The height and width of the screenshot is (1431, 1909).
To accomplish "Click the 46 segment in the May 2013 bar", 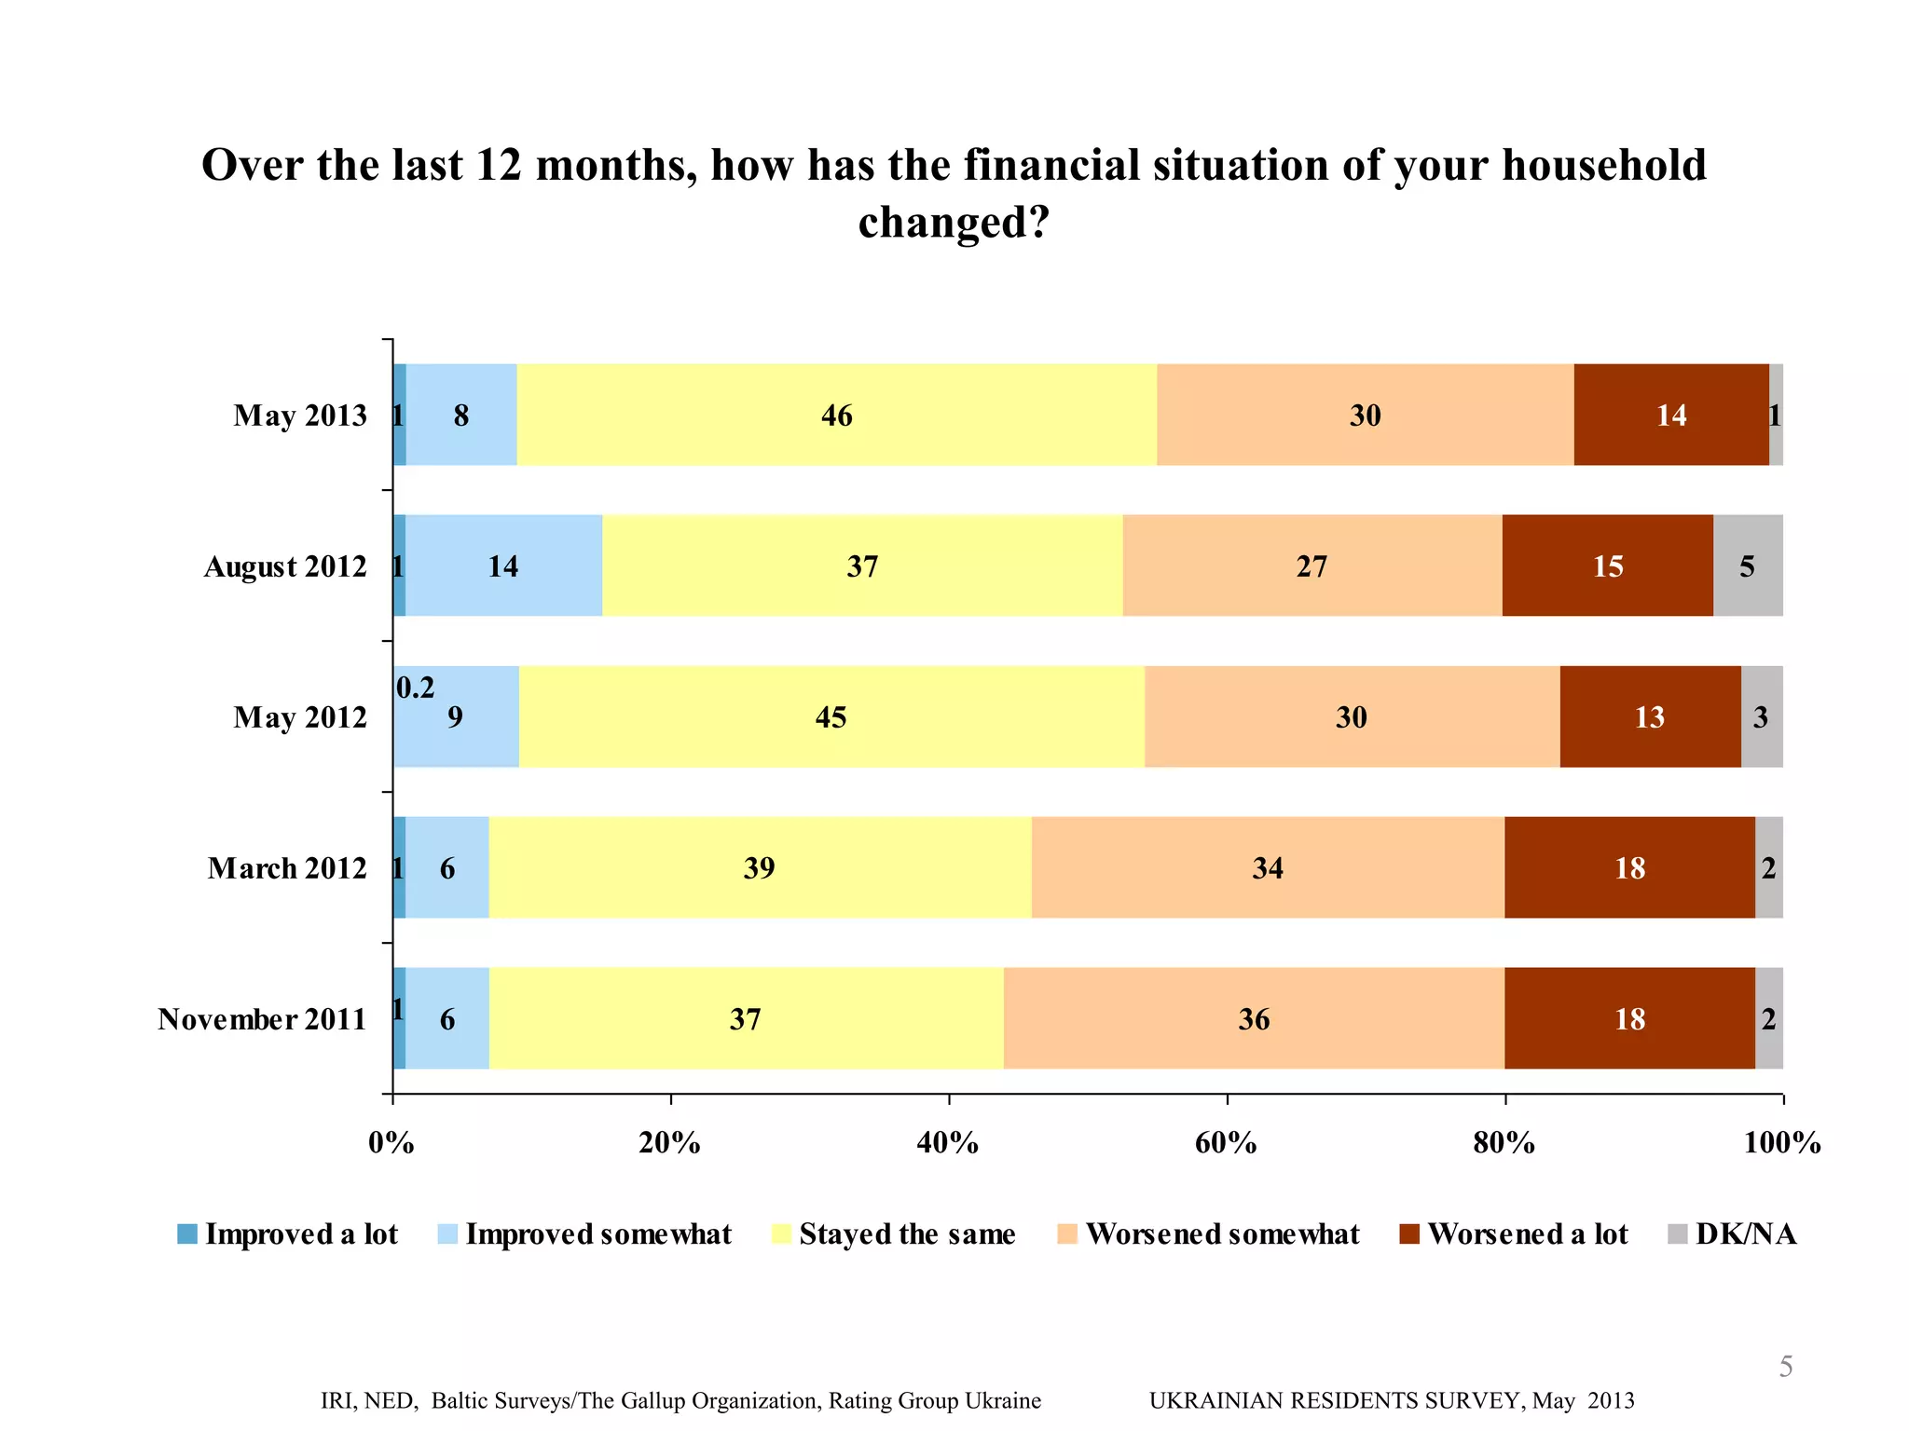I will pyautogui.click(x=836, y=415).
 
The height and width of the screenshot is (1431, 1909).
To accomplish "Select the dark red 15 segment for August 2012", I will pyautogui.click(x=1607, y=566).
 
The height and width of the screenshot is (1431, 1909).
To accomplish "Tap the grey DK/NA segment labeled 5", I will pyautogui.click(x=1748, y=566).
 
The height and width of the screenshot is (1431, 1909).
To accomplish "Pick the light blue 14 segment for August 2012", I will pyautogui.click(x=503, y=566).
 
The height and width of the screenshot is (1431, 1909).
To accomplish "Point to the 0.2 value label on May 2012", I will pyautogui.click(x=415, y=688).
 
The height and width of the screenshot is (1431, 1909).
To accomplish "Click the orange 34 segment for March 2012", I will pyautogui.click(x=1268, y=867).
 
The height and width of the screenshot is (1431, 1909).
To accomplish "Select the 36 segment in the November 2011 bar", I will pyautogui.click(x=1254, y=1018).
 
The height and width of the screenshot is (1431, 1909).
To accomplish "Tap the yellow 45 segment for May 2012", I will pyautogui.click(x=831, y=716).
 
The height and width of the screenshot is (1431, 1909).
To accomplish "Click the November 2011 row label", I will pyautogui.click(x=262, y=1019).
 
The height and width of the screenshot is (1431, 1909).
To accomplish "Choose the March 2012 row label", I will pyautogui.click(x=287, y=868).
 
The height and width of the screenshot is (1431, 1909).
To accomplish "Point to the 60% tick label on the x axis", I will pyautogui.click(x=1226, y=1142).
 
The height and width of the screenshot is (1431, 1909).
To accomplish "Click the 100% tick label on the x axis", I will pyautogui.click(x=1781, y=1142).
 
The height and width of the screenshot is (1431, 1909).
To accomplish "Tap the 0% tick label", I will pyautogui.click(x=391, y=1142).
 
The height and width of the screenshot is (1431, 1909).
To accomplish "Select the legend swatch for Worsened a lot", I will pyautogui.click(x=1409, y=1234).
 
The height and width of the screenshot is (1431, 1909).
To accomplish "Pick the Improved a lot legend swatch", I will pyautogui.click(x=187, y=1234).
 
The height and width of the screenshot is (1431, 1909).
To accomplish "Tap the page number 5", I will pyautogui.click(x=1785, y=1366).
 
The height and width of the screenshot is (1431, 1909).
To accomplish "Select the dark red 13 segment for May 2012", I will pyautogui.click(x=1649, y=716).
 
